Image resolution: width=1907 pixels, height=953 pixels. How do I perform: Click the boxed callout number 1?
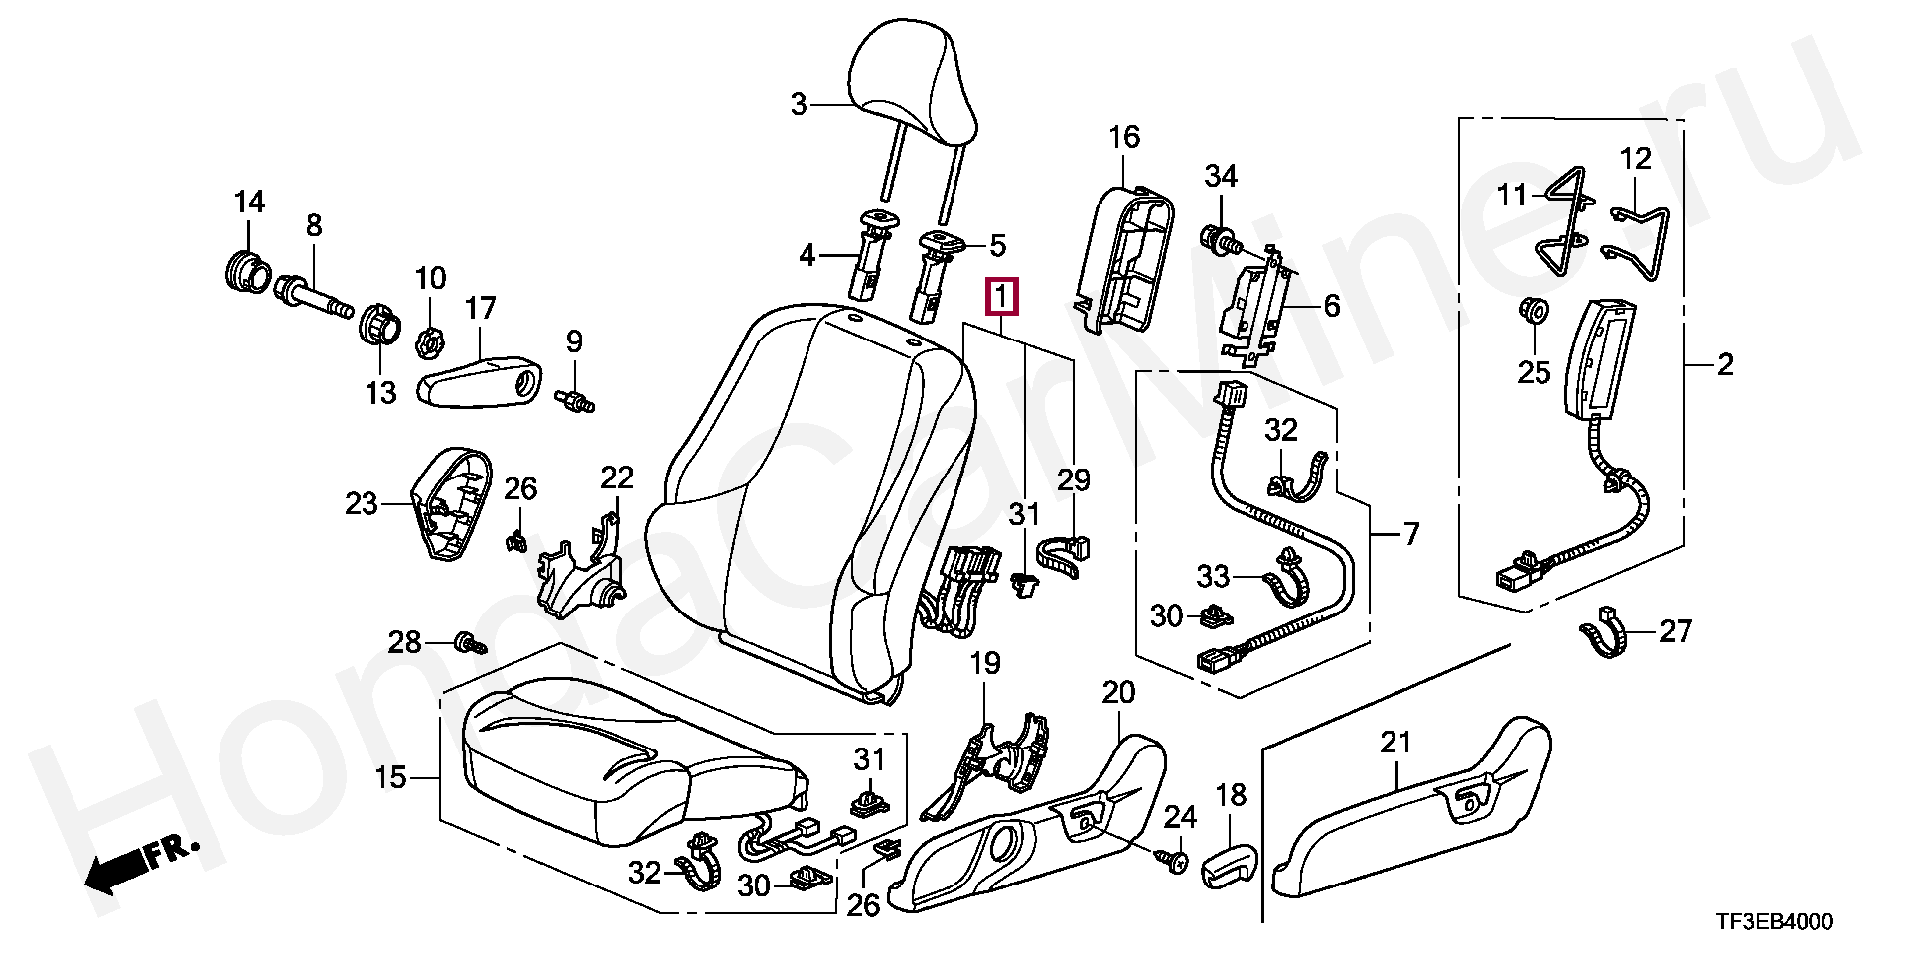pos(1001,296)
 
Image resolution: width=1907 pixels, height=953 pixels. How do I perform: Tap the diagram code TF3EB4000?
pos(1772,923)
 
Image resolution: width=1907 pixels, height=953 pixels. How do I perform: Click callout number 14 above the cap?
pos(250,203)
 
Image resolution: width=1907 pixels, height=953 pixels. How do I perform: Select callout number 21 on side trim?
pos(1395,742)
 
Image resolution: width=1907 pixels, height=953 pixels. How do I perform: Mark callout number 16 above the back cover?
pos(1124,137)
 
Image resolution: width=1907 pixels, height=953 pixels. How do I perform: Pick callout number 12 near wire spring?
pos(1636,158)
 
